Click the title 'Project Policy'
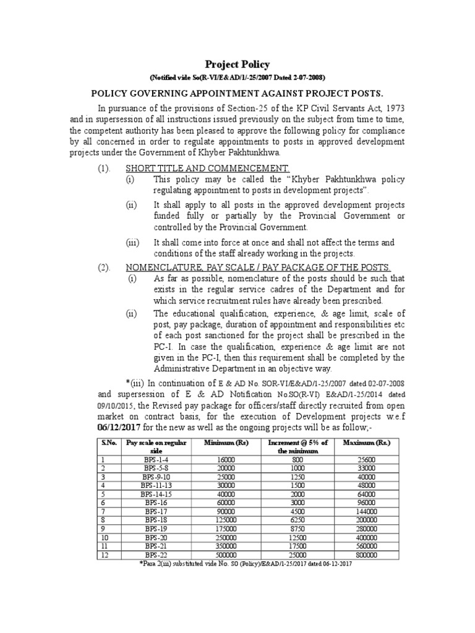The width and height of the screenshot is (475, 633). [x=237, y=64]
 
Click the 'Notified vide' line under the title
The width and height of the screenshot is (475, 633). [x=237, y=77]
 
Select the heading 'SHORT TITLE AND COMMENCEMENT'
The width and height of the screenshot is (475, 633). [x=208, y=168]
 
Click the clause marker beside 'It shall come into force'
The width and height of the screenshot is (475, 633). [x=133, y=242]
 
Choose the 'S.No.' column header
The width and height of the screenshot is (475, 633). [x=109, y=443]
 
